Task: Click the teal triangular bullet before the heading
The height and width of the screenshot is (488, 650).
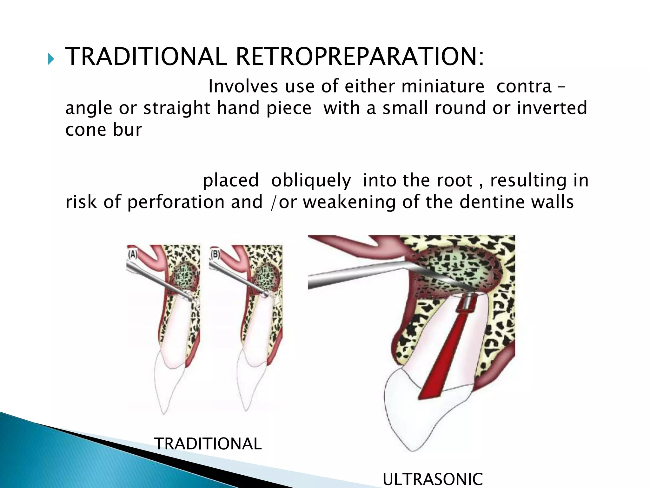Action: coord(51,59)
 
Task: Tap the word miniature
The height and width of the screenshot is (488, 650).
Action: coord(442,86)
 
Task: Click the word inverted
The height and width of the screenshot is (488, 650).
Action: coord(552,108)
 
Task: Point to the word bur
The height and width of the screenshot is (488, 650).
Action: coord(127,130)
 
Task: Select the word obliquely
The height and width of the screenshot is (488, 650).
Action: coord(311,180)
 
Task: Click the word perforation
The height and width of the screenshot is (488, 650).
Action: coord(195,202)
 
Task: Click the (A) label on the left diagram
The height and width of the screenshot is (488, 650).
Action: coord(132,255)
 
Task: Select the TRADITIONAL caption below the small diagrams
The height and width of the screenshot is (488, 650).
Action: coord(208,444)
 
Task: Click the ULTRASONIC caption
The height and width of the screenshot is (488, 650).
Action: coord(432,479)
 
